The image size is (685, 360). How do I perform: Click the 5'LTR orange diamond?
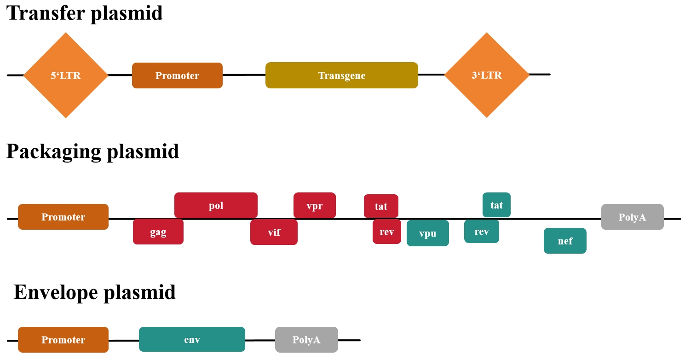pyautogui.click(x=66, y=75)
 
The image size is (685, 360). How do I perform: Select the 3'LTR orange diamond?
pyautogui.click(x=487, y=75)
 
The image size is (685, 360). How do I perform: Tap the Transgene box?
pyautogui.click(x=341, y=75)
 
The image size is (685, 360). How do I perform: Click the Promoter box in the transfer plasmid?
pyautogui.click(x=177, y=75)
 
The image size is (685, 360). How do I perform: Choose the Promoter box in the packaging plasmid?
pyautogui.click(x=63, y=217)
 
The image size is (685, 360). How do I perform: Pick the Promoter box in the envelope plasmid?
pyautogui.click(x=63, y=340)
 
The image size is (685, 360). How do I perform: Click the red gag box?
pyautogui.click(x=158, y=232)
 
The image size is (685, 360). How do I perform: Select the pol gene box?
pyautogui.click(x=216, y=205)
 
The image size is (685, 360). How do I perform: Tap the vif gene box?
pyautogui.click(x=274, y=232)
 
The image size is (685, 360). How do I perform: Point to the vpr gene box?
pyautogui.click(x=314, y=205)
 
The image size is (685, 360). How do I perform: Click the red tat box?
pyautogui.click(x=381, y=206)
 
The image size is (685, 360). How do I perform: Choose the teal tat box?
pyautogui.click(x=496, y=205)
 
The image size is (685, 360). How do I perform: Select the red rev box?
pyautogui.click(x=386, y=232)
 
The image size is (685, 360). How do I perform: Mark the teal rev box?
pyautogui.click(x=481, y=231)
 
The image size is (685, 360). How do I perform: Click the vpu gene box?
pyautogui.click(x=427, y=233)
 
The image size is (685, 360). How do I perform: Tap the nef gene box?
pyautogui.click(x=565, y=240)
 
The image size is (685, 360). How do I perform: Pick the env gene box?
pyautogui.click(x=192, y=340)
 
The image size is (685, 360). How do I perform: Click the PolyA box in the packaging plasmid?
pyautogui.click(x=632, y=217)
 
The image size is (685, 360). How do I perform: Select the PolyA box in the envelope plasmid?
pyautogui.click(x=306, y=340)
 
